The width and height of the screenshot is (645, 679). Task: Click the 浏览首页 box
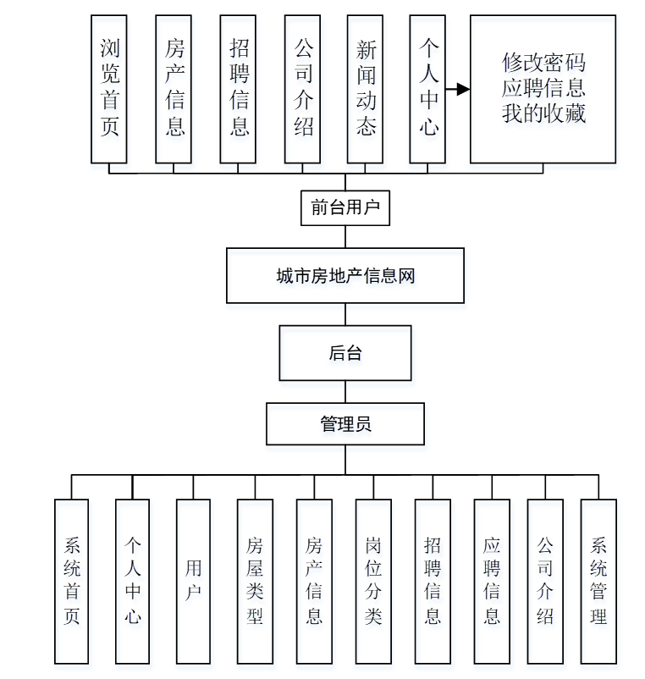click(109, 88)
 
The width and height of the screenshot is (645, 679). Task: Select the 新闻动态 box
click(366, 88)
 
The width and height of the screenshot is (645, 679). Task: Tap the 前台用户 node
click(345, 207)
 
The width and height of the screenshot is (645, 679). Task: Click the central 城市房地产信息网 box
click(345, 275)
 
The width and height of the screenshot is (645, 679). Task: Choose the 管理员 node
click(345, 423)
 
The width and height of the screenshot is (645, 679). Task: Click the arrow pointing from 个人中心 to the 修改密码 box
click(458, 89)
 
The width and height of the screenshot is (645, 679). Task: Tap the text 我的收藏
click(543, 113)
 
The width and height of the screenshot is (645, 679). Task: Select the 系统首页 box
click(71, 581)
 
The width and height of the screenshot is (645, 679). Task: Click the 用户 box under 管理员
click(193, 581)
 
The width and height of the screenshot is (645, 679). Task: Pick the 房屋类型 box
click(255, 581)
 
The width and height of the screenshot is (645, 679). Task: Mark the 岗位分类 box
click(373, 581)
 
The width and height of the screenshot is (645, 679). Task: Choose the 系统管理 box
click(598, 581)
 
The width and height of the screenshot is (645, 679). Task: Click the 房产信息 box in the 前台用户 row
click(174, 88)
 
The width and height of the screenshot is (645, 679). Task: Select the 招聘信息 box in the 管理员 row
click(433, 581)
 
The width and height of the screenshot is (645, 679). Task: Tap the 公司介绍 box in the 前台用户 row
click(303, 88)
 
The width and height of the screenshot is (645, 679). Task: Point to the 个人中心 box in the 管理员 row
click(132, 581)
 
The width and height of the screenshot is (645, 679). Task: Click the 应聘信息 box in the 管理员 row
click(492, 581)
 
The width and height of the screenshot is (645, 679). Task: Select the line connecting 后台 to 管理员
click(345, 391)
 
